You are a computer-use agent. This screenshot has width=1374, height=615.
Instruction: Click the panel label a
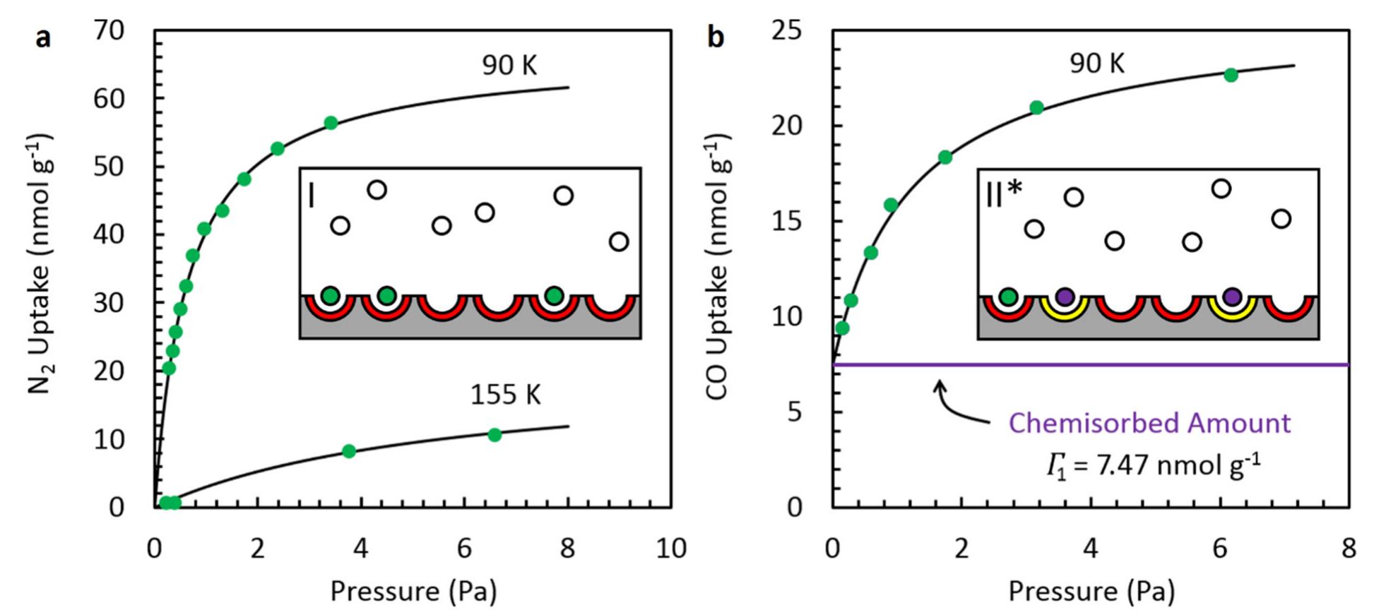pyautogui.click(x=43, y=38)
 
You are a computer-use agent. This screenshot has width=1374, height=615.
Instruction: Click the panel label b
pyautogui.click(x=716, y=38)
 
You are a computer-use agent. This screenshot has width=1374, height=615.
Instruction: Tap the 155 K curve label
pyautogui.click(x=505, y=395)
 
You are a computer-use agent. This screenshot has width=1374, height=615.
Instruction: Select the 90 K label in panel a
pyautogui.click(x=509, y=66)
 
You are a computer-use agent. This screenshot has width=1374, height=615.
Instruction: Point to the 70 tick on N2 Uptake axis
pyautogui.click(x=108, y=31)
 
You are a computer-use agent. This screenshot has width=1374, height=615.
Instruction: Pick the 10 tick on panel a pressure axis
pyautogui.click(x=670, y=549)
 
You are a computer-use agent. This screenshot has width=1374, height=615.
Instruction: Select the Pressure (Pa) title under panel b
pyautogui.click(x=1091, y=591)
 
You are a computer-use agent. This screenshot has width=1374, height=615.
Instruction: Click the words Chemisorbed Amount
pyautogui.click(x=1149, y=423)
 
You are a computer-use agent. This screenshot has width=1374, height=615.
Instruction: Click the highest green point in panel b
pyautogui.click(x=1231, y=75)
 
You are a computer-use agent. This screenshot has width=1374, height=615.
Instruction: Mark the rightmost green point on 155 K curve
pyautogui.click(x=494, y=435)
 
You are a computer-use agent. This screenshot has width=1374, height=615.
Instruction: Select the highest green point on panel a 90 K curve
pyautogui.click(x=331, y=123)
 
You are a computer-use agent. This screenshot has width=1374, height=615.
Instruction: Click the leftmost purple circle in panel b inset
pyautogui.click(x=1065, y=297)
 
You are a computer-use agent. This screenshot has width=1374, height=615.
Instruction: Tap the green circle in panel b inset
pyautogui.click(x=1008, y=297)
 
